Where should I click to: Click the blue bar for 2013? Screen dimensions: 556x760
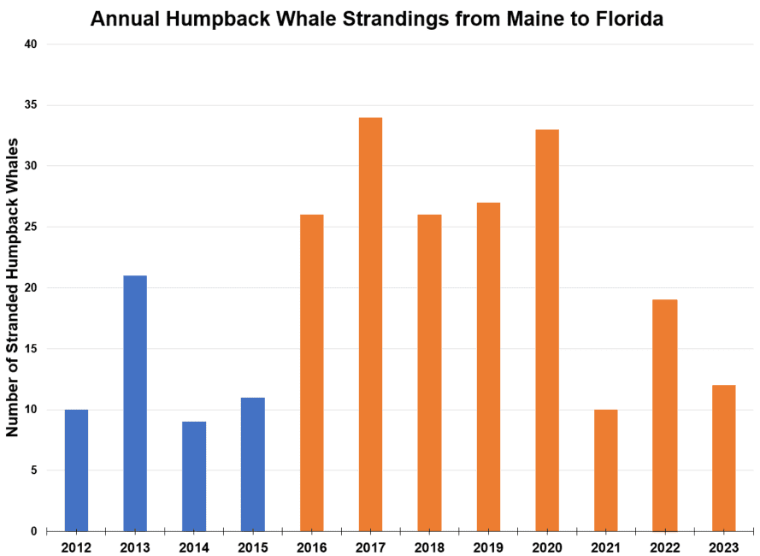coord(135,403)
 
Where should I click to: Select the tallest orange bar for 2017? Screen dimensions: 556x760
coord(370,324)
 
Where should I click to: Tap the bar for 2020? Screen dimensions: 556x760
coord(547,330)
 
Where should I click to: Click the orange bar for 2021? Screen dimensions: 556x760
coord(606,470)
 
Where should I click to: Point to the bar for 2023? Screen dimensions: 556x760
coord(724,458)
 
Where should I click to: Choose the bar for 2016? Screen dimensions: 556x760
coord(312,373)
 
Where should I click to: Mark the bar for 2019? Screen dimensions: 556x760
coord(488,367)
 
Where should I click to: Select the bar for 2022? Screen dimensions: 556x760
coord(665,416)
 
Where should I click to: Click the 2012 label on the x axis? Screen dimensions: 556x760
coord(76,545)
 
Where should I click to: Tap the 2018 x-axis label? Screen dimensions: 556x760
coord(429,545)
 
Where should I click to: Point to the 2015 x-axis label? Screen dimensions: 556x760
coord(253,545)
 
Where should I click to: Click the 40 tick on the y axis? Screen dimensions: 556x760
coord(31,44)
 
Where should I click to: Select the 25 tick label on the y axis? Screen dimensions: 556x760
coord(31,228)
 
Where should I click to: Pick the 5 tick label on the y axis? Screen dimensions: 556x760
coord(34,470)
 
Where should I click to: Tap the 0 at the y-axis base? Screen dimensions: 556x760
coord(34,531)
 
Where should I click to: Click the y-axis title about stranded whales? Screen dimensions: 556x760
coord(14,287)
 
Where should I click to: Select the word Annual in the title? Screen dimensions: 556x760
coord(121,19)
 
